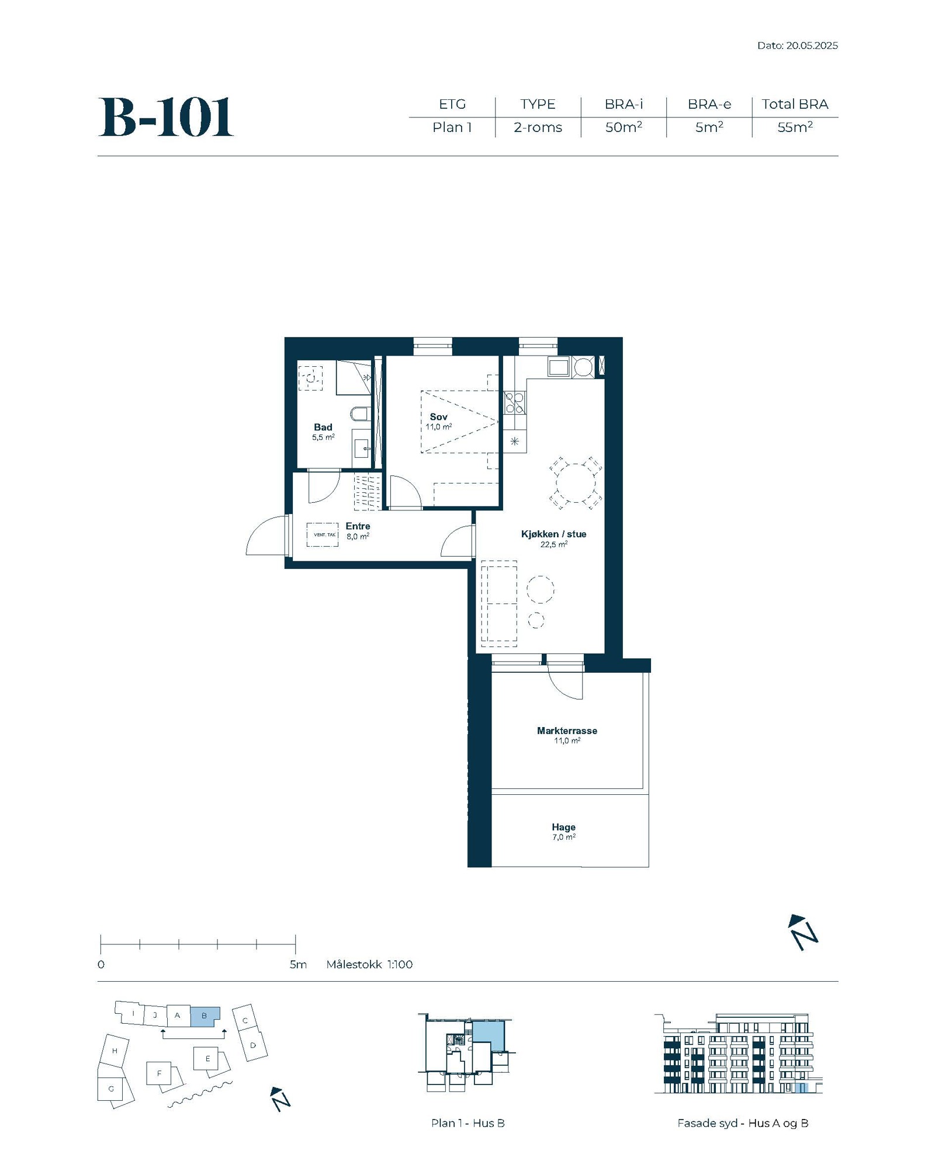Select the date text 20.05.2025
point(812,46)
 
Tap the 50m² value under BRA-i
point(624,127)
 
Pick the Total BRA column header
point(795,104)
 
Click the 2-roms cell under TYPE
point(538,127)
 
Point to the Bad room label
point(323,427)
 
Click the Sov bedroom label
point(438,416)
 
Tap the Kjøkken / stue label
point(553,534)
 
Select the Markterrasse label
point(567,731)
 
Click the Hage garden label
point(563,827)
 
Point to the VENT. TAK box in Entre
point(323,534)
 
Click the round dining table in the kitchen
point(576,483)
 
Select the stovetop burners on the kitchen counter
point(514,403)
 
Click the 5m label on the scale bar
point(298,964)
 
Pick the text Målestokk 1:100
point(369,964)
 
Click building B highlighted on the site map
point(205,1016)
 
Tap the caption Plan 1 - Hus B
point(467,1123)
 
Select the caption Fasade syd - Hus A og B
point(743,1123)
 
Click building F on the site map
point(158,1073)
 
